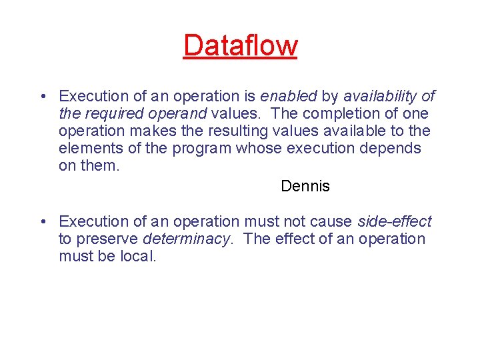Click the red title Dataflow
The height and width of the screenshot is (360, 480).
point(240,46)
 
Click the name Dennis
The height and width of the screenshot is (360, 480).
point(305,186)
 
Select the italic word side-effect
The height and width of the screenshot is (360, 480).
point(394,221)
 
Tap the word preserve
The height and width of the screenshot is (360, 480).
point(106,239)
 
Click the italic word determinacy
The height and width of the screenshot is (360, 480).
point(187,239)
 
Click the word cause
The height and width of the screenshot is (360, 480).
point(333,221)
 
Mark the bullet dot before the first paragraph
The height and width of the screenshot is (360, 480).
point(42,97)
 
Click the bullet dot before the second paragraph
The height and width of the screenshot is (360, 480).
point(42,222)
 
